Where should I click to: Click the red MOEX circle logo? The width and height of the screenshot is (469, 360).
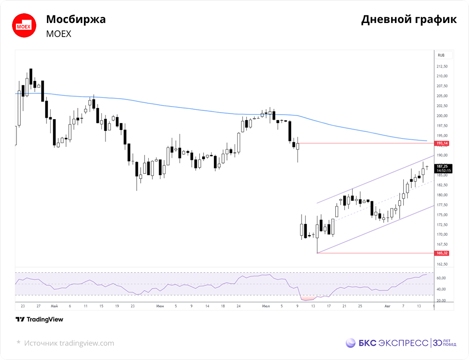[x=24, y=25]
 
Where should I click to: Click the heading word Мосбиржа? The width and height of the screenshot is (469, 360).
[x=76, y=19]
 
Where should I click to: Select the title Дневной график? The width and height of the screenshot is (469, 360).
[x=409, y=19]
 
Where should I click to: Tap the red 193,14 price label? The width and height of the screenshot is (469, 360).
[x=442, y=143]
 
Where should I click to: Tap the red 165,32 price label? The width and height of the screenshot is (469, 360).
[x=442, y=253]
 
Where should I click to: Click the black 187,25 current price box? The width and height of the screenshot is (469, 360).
[x=443, y=169]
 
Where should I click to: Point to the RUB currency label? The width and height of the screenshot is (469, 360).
[x=441, y=55]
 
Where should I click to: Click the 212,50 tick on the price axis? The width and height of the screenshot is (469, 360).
[x=442, y=67]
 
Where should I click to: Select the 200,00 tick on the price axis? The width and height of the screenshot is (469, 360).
[x=442, y=116]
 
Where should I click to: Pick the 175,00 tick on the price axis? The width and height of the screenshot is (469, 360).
[x=442, y=215]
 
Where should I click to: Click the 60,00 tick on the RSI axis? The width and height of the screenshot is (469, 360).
[x=441, y=278]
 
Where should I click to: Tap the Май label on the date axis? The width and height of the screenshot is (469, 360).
[x=54, y=306]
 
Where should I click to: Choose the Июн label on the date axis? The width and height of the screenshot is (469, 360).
[x=160, y=306]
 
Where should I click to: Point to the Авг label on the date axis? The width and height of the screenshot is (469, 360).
[x=387, y=306]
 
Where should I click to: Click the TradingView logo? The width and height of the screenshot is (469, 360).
[x=39, y=319]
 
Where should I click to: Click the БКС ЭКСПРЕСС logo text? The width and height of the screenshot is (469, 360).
[x=393, y=343]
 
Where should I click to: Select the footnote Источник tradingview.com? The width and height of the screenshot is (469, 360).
[x=69, y=343]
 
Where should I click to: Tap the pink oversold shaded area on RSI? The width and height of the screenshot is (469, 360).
[x=308, y=298]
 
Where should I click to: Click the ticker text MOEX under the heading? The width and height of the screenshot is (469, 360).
[x=59, y=34]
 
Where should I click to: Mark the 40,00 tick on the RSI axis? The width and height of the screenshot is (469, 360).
[x=441, y=290]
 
